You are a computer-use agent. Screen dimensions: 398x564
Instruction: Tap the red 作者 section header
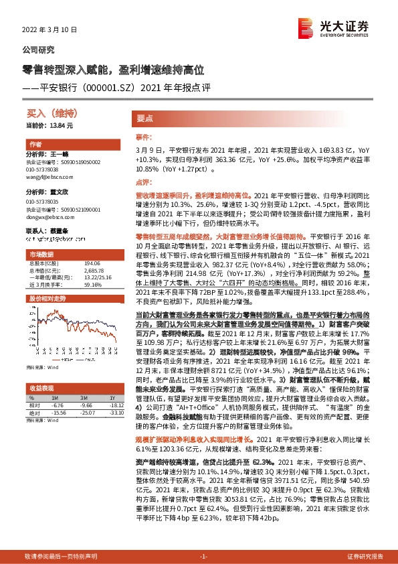point(35,145)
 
